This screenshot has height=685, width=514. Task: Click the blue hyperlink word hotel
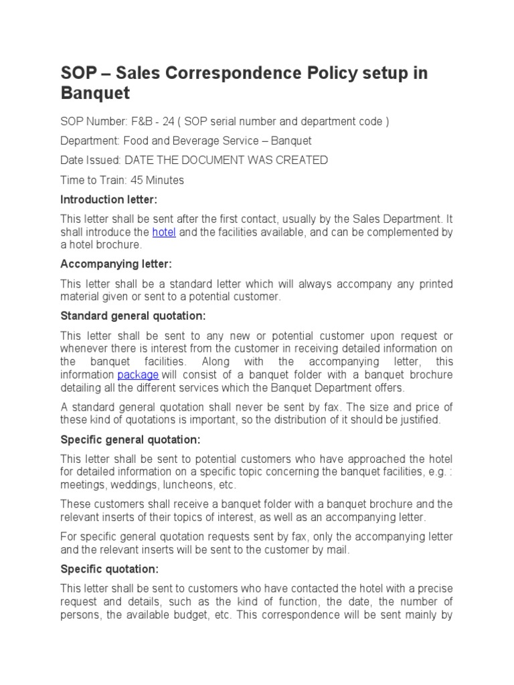point(163,232)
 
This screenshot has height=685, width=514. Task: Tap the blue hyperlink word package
point(138,375)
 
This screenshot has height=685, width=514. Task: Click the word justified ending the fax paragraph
point(418,420)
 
